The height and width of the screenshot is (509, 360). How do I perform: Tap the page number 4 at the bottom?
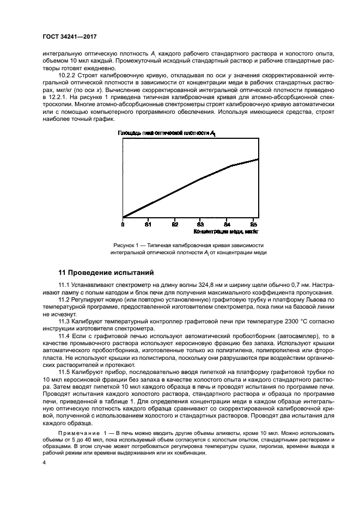[x=45, y=462]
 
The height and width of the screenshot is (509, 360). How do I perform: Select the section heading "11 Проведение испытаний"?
[x=107, y=271]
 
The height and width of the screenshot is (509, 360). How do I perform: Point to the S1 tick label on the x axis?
[x=148, y=224]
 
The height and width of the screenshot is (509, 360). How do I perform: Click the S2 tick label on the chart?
[x=174, y=224]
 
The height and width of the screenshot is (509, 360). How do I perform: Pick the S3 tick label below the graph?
[x=200, y=224]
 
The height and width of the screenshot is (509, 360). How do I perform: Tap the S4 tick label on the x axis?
[x=227, y=224]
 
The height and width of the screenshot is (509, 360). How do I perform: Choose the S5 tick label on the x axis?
[x=253, y=224]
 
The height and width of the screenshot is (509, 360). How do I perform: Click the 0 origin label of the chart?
[x=123, y=224]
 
